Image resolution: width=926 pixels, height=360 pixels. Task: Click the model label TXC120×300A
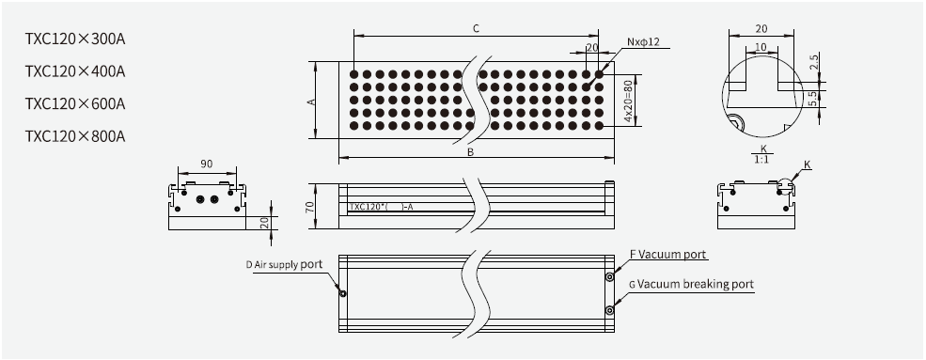point(75,39)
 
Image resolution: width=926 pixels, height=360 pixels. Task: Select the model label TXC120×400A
point(75,71)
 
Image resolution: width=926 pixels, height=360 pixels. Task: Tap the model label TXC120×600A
point(75,103)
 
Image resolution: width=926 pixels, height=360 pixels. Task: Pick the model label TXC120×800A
point(75,135)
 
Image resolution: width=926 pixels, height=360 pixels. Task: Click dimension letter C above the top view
point(476,29)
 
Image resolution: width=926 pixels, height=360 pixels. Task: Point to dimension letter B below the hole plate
point(469,149)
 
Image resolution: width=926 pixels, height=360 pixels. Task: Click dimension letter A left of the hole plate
point(311,101)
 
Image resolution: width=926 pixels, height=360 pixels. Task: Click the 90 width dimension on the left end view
point(206,164)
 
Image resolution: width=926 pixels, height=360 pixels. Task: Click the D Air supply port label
point(286,266)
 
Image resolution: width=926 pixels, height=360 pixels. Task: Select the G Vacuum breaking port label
point(691,283)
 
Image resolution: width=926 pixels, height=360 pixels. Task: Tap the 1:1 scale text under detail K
point(763,160)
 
